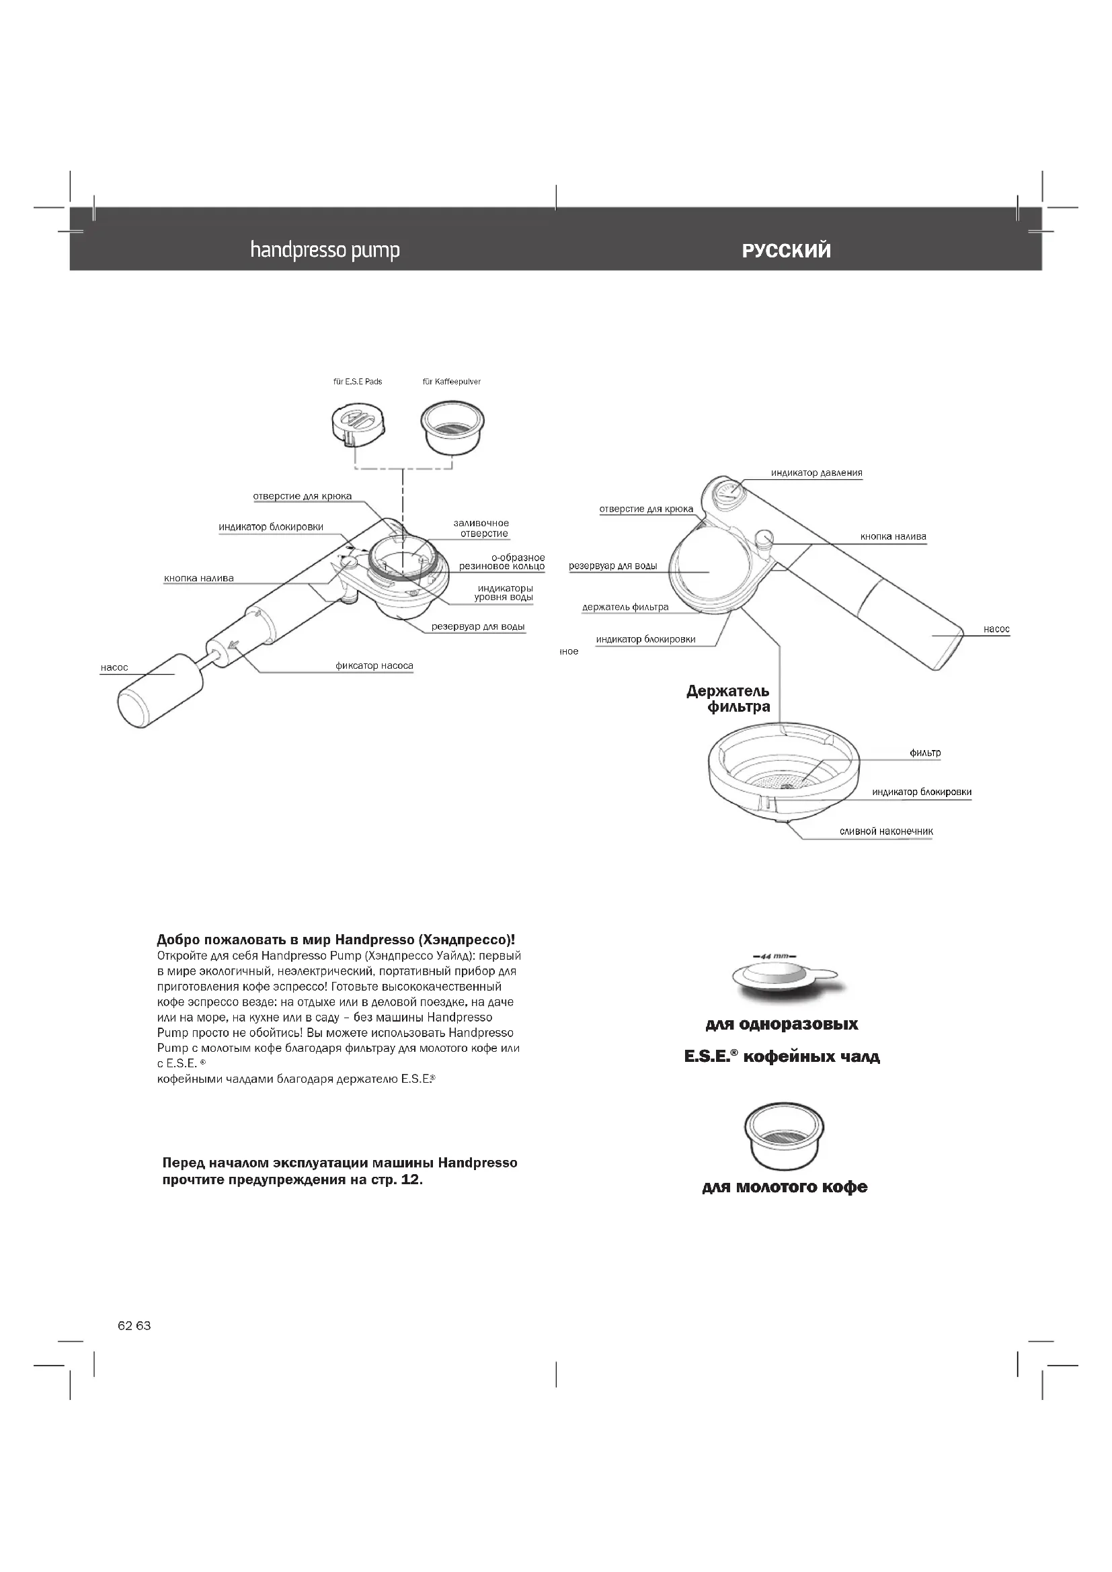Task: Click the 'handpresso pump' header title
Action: pos(325,251)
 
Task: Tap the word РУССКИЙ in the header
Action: pos(786,251)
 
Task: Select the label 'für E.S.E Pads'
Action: pos(358,381)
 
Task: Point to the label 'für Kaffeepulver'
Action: pos(451,381)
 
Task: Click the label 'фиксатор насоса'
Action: pos(374,665)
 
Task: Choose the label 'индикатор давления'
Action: pos(816,472)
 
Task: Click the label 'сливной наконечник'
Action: pos(886,831)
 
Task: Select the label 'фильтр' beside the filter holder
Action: pos(925,753)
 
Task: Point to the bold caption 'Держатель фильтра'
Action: pos(729,699)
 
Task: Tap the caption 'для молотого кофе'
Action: pos(785,1187)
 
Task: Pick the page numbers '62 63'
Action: pos(134,1325)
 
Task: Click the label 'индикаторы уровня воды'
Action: pos(505,592)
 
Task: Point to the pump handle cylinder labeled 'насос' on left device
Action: pos(161,691)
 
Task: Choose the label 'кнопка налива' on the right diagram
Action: pos(893,536)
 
